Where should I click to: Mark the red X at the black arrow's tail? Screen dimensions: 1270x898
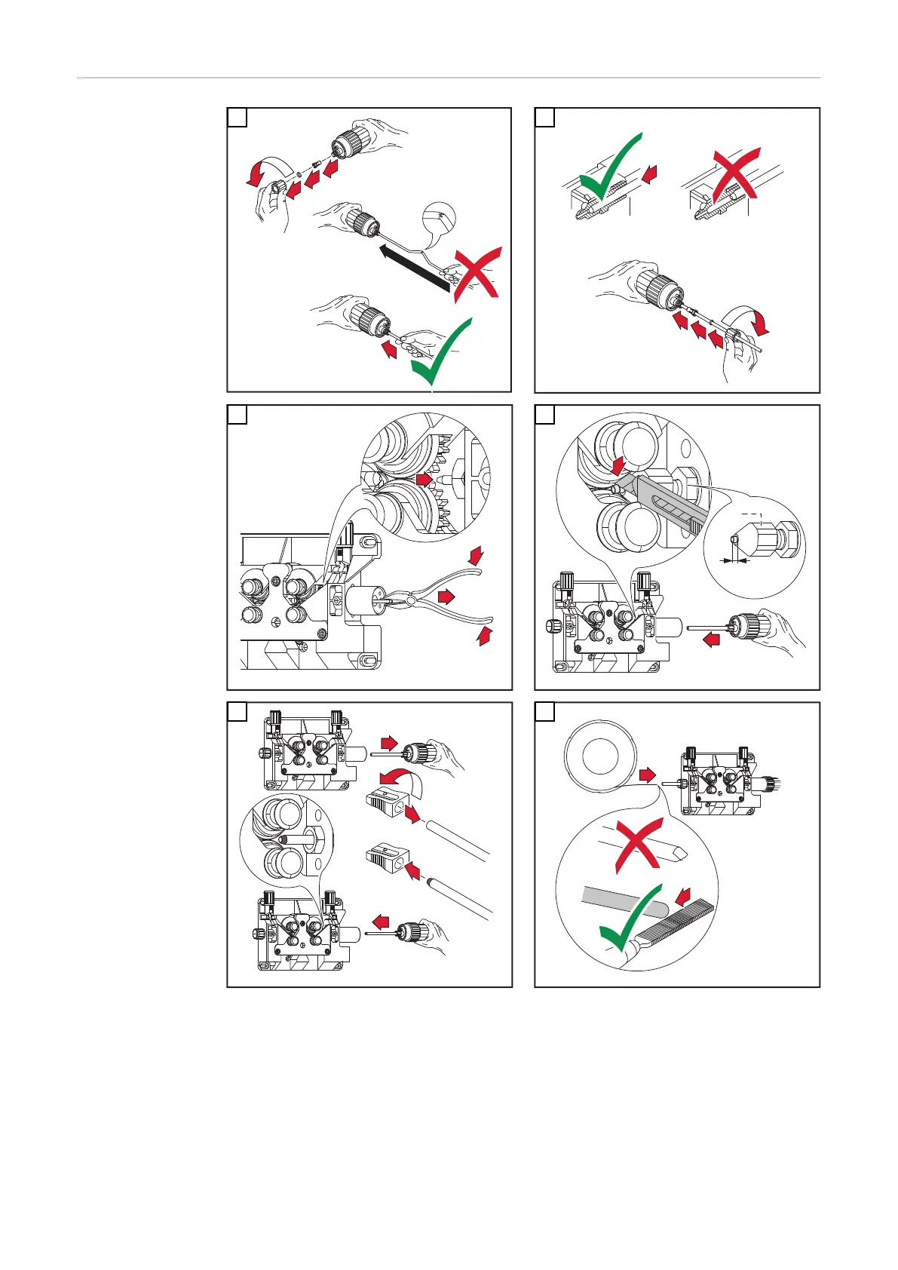coord(477,275)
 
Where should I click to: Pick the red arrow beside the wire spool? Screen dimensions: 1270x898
coord(647,775)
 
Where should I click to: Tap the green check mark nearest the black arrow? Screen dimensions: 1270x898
coord(442,351)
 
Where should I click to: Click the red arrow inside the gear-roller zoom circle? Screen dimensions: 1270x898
coord(424,478)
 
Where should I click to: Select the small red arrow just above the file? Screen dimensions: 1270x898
coord(683,896)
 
